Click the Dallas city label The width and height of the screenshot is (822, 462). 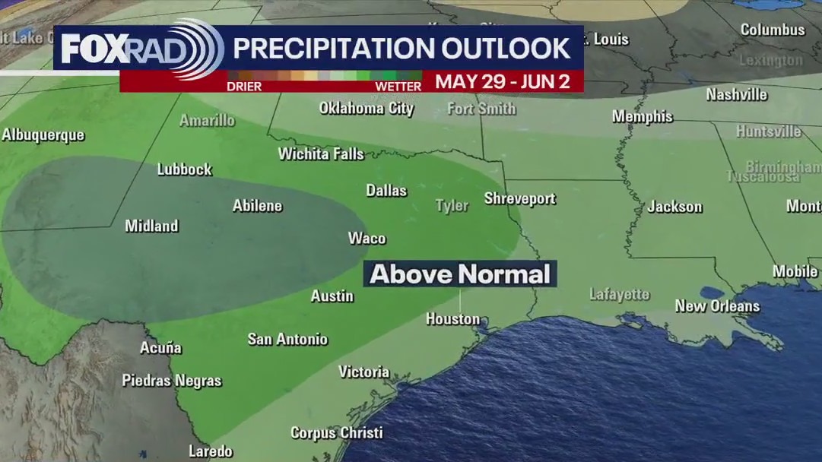click(x=386, y=191)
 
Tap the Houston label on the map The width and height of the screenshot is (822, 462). click(x=452, y=319)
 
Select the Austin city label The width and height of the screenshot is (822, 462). click(x=332, y=296)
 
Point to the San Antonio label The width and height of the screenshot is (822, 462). click(x=287, y=340)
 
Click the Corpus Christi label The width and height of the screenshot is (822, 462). click(x=336, y=433)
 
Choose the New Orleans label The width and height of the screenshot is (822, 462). click(x=717, y=306)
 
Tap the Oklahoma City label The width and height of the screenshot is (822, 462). click(x=366, y=109)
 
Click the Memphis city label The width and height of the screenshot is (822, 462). click(x=643, y=117)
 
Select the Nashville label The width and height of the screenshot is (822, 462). click(x=736, y=95)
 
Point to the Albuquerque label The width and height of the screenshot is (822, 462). click(x=43, y=135)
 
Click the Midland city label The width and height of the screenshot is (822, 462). click(x=152, y=226)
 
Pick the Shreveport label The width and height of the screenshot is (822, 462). click(x=520, y=199)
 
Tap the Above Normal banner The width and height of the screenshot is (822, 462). click(x=460, y=274)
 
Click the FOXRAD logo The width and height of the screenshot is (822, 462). click(x=141, y=49)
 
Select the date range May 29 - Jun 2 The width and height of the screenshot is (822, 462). click(x=503, y=82)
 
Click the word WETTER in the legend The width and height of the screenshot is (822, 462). click(x=398, y=87)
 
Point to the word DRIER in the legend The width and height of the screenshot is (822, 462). click(x=244, y=87)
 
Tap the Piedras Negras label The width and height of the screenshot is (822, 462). click(x=172, y=381)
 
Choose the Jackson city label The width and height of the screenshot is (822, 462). click(x=674, y=207)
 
